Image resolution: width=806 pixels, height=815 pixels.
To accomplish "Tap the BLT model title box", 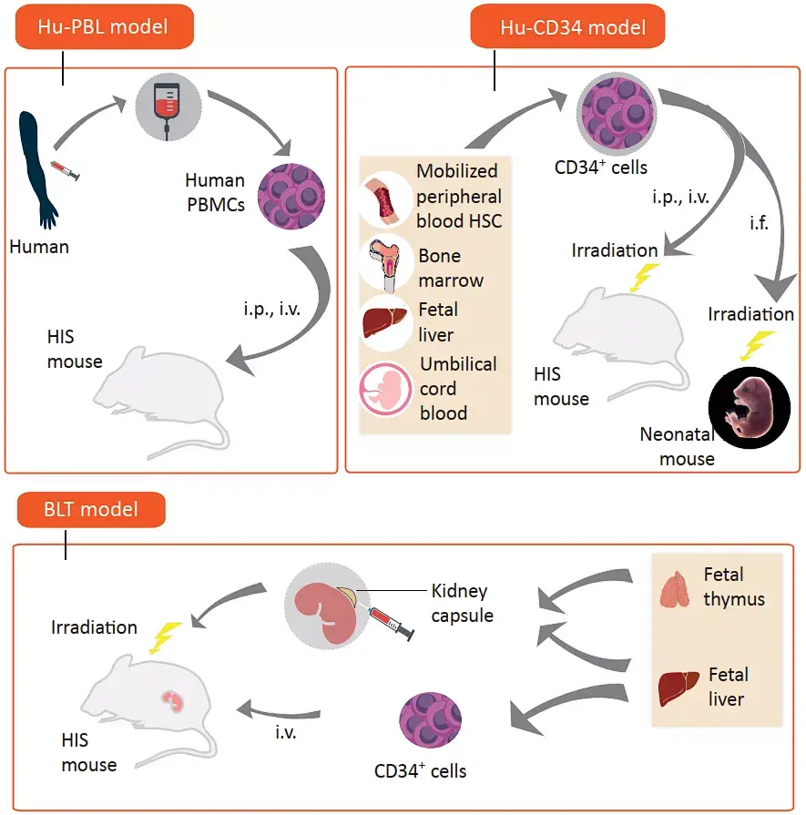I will click(x=91, y=509).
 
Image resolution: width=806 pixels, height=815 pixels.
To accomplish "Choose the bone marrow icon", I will click(x=388, y=264).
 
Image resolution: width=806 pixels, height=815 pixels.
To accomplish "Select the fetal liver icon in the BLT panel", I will click(x=679, y=688).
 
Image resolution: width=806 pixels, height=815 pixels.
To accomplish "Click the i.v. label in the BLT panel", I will click(x=286, y=730).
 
